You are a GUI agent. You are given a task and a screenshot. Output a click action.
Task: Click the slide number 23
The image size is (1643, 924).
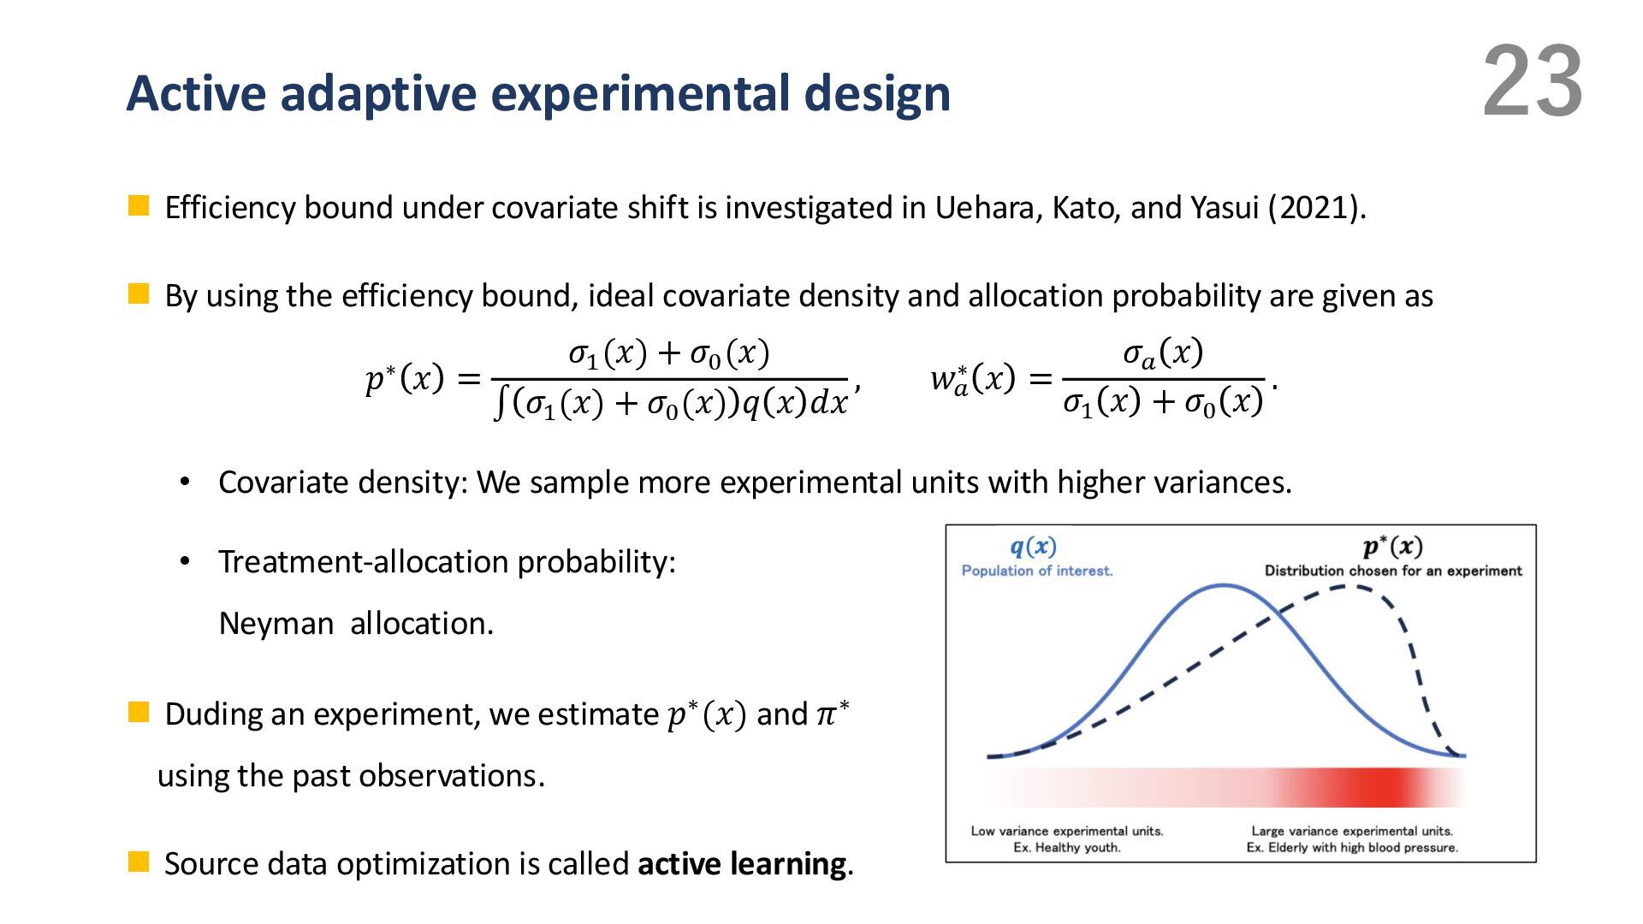[1533, 82]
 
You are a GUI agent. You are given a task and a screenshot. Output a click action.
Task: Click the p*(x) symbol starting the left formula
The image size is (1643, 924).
[405, 377]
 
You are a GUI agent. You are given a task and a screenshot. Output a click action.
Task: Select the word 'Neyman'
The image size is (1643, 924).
[276, 624]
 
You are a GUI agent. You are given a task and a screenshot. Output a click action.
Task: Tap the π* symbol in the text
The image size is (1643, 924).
[831, 713]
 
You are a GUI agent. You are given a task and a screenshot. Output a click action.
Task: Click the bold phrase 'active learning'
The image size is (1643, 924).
[742, 864]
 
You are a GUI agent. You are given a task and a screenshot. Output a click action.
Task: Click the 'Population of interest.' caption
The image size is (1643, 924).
[1037, 571]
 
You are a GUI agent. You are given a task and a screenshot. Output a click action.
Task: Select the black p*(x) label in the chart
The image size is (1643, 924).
[1393, 547]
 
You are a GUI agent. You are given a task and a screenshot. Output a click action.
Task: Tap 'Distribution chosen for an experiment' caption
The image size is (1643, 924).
[1393, 571]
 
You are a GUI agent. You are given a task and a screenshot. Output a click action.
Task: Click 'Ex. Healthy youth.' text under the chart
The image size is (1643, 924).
[1066, 848]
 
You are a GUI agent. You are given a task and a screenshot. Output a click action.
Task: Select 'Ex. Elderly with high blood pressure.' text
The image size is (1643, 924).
[1352, 848]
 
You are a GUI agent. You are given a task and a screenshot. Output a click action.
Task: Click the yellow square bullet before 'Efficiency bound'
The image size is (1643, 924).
[139, 206]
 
